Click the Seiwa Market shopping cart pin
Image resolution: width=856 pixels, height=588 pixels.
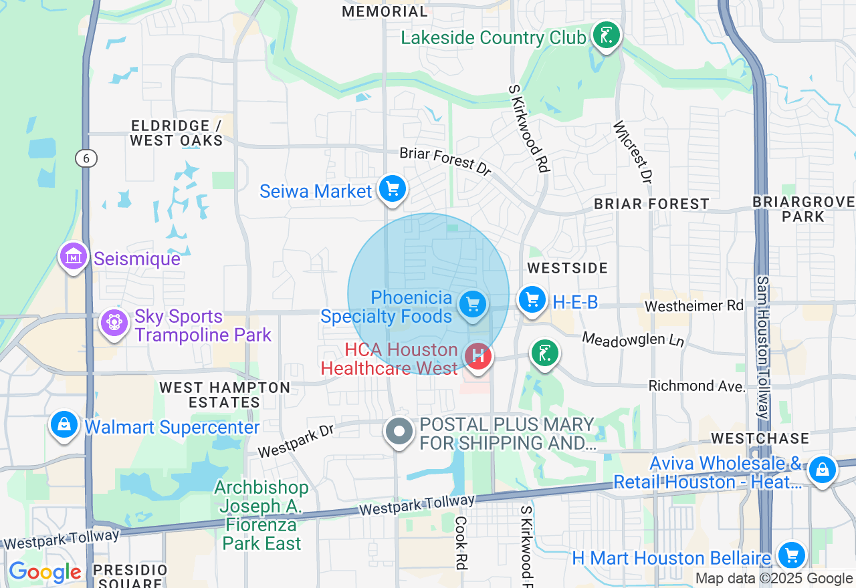(393, 189)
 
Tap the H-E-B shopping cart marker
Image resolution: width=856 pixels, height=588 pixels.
(532, 300)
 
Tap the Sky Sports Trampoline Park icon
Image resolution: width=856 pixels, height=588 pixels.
(114, 323)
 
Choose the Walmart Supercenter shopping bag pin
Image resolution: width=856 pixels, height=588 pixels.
(65, 425)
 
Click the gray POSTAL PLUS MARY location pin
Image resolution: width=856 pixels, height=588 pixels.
(399, 431)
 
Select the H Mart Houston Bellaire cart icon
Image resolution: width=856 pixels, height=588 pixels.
(792, 555)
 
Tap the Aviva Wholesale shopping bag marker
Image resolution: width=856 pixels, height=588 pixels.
(822, 470)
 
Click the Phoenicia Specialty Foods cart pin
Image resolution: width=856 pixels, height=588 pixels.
(473, 305)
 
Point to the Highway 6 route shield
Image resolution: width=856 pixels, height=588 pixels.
(86, 158)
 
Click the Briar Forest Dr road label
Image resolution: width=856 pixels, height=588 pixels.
(445, 161)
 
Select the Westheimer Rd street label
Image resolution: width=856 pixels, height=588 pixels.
(693, 306)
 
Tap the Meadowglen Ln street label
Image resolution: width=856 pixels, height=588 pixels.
(633, 339)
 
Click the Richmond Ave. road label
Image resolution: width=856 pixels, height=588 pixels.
(697, 386)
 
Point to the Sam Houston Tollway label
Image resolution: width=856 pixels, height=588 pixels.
(762, 347)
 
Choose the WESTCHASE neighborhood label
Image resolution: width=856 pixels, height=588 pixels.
(760, 438)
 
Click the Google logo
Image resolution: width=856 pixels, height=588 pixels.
(45, 572)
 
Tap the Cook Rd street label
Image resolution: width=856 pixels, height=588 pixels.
(461, 543)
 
